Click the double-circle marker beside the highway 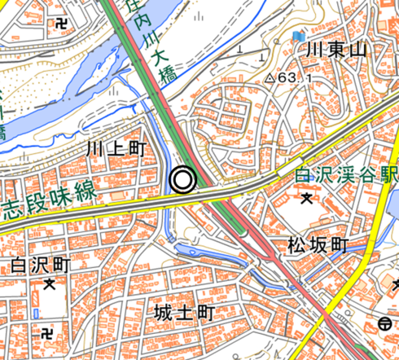tap(183, 179)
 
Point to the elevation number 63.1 tap(298, 78)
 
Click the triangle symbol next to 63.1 tap(270, 78)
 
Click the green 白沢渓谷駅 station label tap(346, 173)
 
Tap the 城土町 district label tap(183, 313)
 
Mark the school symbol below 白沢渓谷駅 tap(307, 197)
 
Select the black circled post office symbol tap(387, 323)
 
